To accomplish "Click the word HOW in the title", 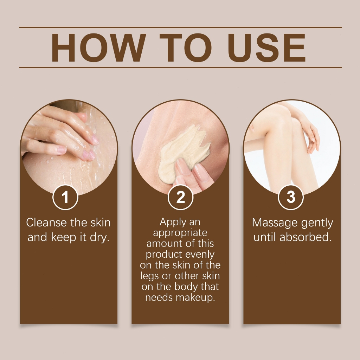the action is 98,48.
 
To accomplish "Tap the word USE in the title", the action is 267,48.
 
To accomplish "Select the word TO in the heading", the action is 186,48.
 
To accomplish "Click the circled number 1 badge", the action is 65,197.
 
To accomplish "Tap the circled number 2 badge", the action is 180,197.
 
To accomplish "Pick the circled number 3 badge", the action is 291,197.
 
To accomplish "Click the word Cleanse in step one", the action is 46,223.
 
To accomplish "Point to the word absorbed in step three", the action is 306,237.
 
